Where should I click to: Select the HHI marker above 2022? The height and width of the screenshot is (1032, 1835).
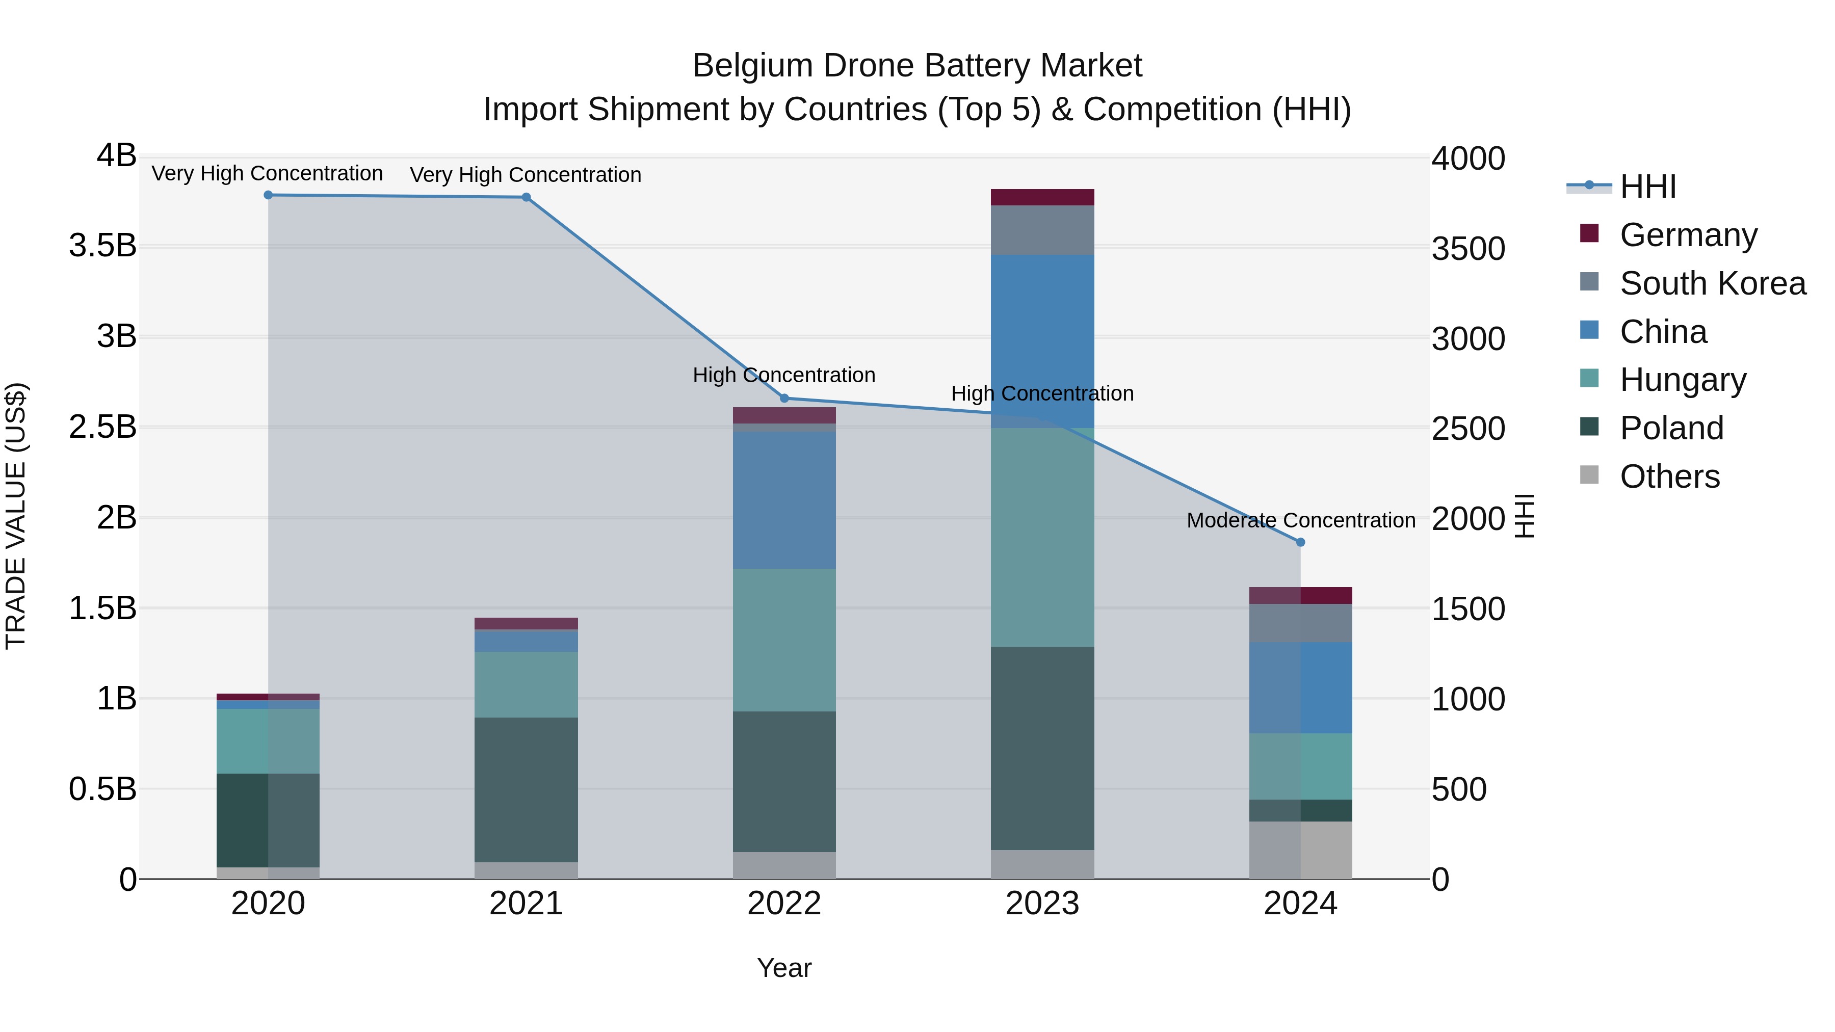tap(784, 398)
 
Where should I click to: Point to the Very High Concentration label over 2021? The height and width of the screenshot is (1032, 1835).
tap(525, 175)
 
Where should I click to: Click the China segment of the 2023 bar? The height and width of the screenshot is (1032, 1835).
tap(1042, 335)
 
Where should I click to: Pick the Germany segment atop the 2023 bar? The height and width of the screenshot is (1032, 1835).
tap(1042, 197)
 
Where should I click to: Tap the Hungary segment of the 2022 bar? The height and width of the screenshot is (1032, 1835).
tap(784, 640)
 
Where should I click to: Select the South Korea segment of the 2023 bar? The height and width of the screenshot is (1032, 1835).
tap(1042, 230)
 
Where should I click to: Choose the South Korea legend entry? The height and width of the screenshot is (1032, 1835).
tap(1713, 283)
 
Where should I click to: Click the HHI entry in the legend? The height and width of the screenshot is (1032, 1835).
tap(1647, 187)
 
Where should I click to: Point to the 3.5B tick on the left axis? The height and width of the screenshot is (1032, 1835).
tap(102, 246)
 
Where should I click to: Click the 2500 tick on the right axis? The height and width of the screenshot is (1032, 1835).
tap(1468, 429)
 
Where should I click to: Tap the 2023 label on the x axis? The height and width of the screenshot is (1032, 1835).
tap(1042, 904)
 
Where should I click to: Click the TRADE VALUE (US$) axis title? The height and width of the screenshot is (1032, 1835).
tap(16, 516)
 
